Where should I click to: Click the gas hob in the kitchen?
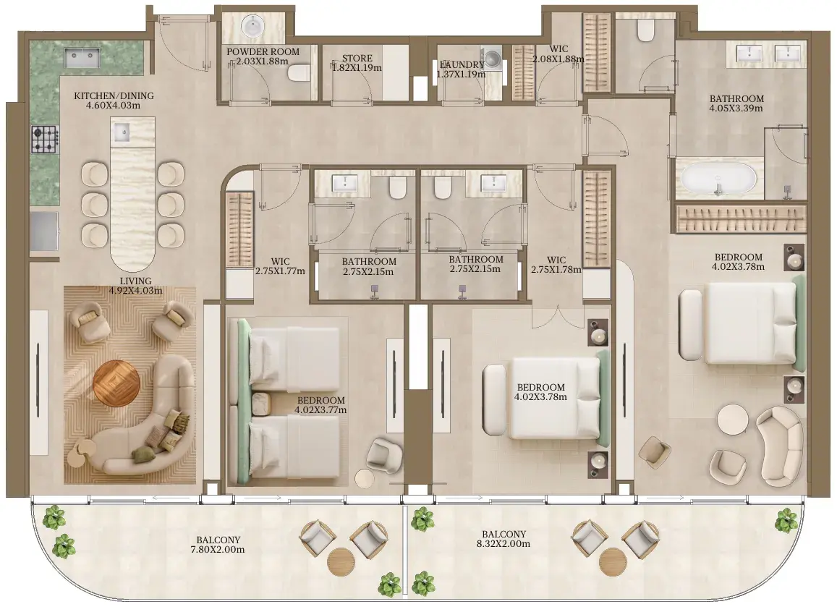tap(45, 140)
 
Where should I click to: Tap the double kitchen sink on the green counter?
tap(82, 58)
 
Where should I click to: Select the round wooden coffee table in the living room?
tap(116, 383)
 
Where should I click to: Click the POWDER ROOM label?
tap(263, 52)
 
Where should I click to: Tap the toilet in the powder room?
tap(298, 73)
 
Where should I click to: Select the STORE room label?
tap(357, 58)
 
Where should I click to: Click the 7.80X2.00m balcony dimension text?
tap(218, 550)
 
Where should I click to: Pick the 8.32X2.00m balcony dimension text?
tap(504, 544)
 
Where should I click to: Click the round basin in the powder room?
tap(251, 25)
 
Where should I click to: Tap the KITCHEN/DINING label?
tap(114, 96)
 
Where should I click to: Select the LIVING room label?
tap(135, 281)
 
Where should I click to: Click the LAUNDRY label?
tap(462, 64)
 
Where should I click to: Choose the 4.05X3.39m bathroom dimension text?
tap(736, 109)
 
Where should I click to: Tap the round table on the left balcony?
tap(341, 562)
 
